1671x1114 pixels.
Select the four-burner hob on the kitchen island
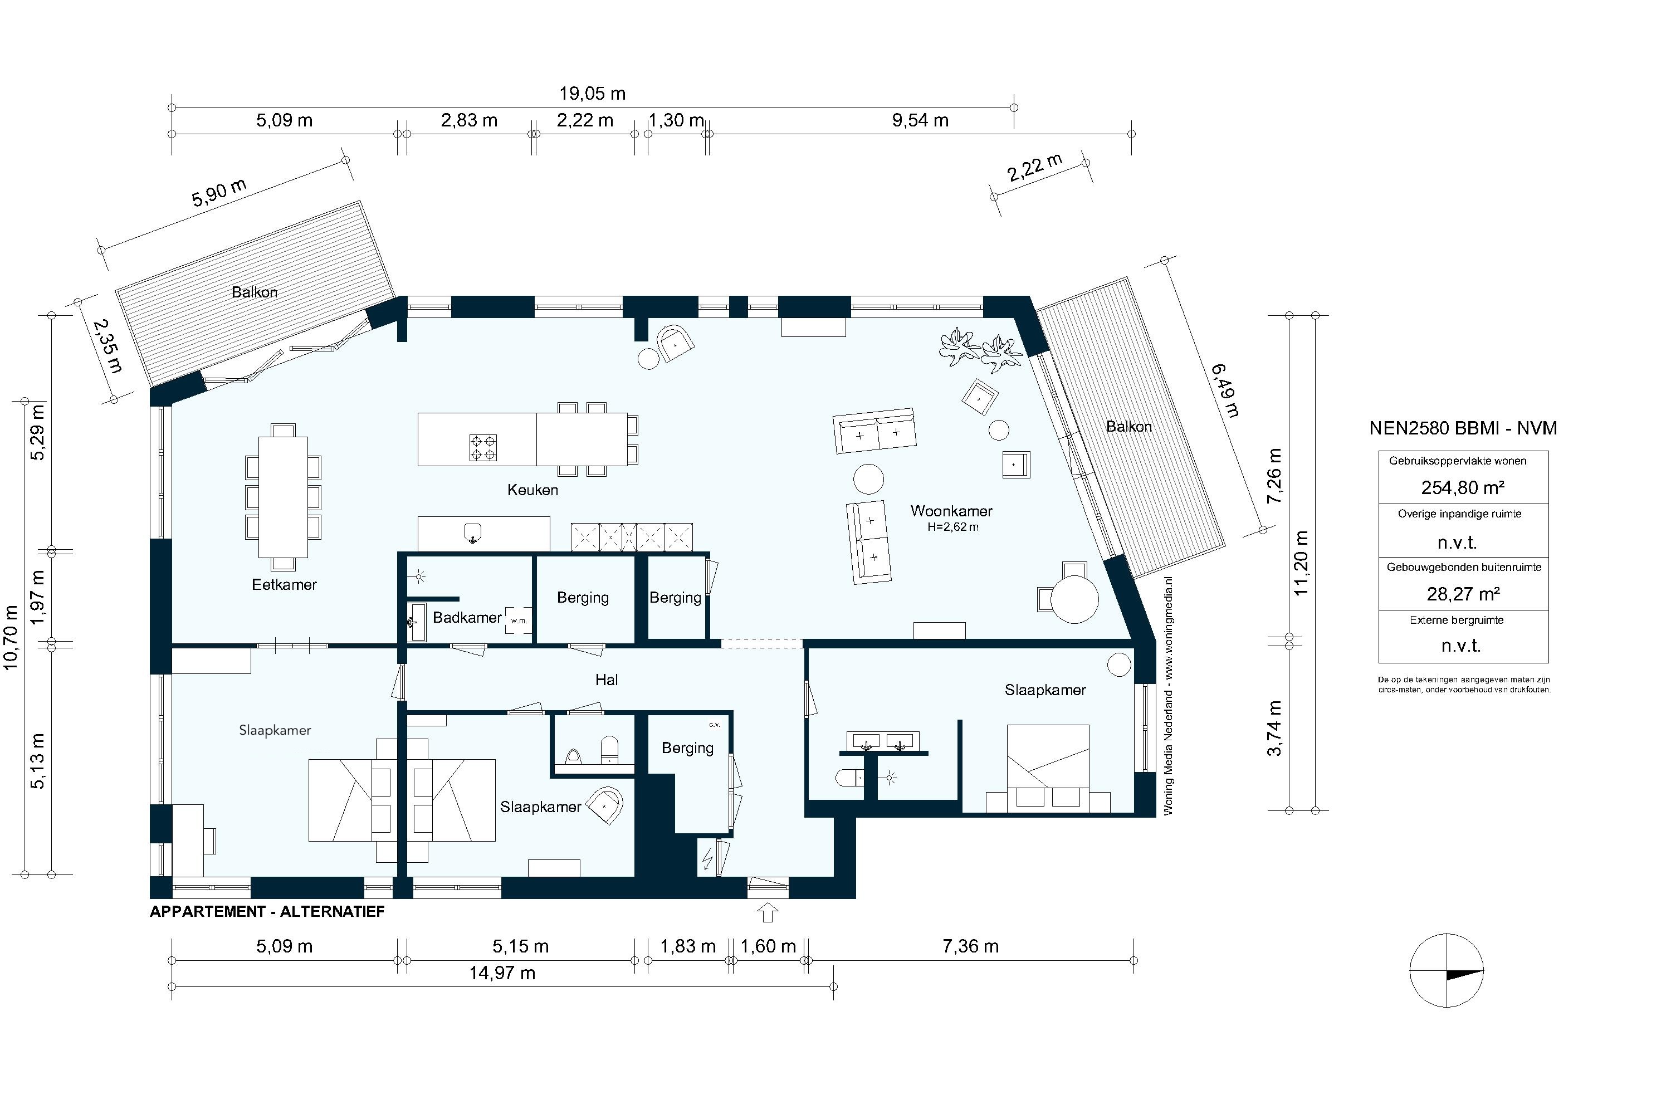(483, 448)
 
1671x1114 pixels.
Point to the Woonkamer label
(951, 511)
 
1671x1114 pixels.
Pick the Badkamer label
(467, 617)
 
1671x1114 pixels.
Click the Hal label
(606, 680)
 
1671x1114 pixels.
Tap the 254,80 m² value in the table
(1463, 487)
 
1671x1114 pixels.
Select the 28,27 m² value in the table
(1463, 593)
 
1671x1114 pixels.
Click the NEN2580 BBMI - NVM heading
(1463, 428)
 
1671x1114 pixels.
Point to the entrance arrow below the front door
(768, 912)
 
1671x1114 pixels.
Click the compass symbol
(1447, 970)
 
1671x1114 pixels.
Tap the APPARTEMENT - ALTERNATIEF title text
(267, 911)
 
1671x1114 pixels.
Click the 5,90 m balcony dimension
(219, 193)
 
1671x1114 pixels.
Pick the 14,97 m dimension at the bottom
(502, 973)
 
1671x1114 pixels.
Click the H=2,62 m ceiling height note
(952, 527)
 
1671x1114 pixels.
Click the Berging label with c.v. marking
(687, 747)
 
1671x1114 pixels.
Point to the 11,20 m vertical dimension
(1301, 563)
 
